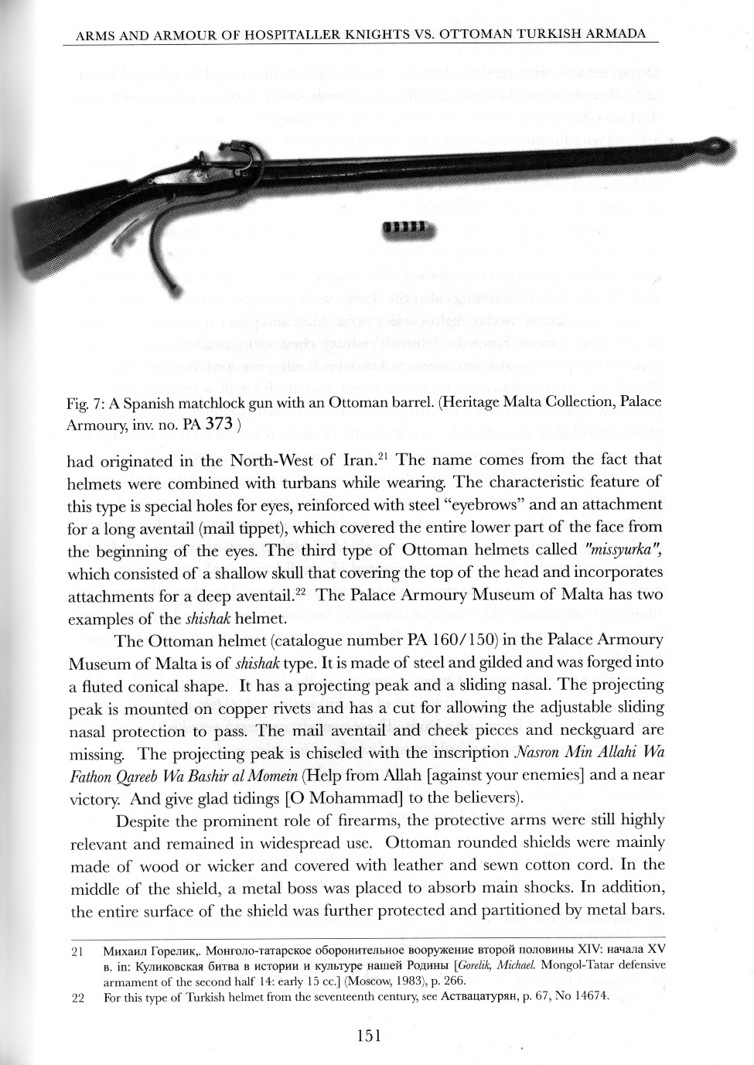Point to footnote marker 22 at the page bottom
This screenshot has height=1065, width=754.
pyautogui.click(x=77, y=997)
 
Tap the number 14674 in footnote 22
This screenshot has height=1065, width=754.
pyautogui.click(x=588, y=997)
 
